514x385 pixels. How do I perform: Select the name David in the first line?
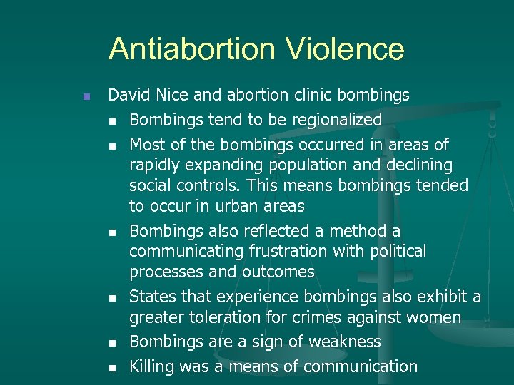tap(126, 95)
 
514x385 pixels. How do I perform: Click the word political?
tap(395, 251)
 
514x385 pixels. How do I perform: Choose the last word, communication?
tap(361, 367)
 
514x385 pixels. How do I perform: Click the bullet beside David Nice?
tap(85, 96)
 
